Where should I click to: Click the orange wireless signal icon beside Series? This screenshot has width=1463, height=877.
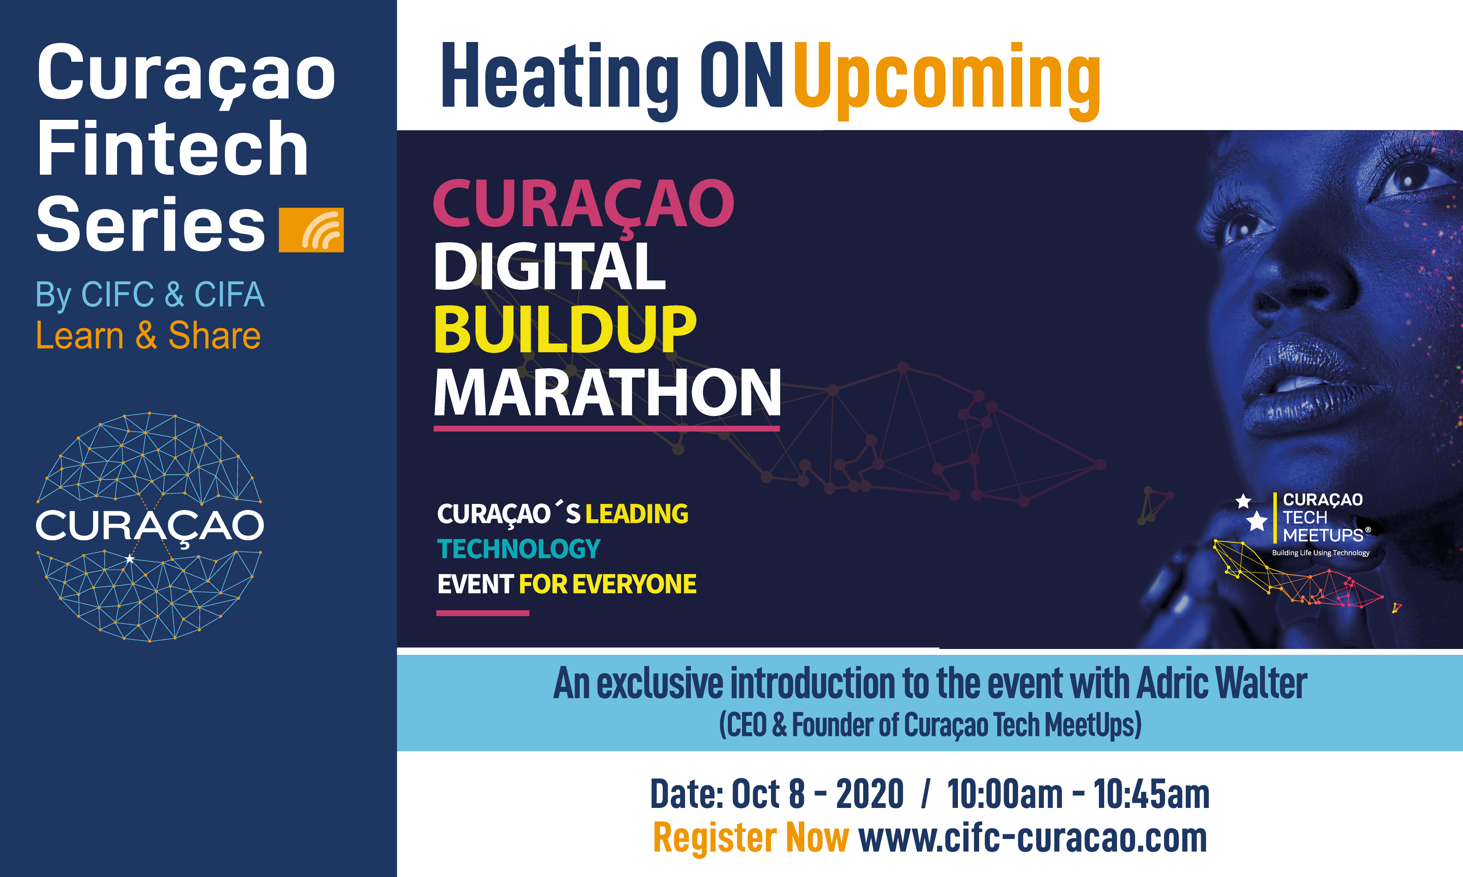[x=311, y=230]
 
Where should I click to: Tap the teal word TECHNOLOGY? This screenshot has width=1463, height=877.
[x=519, y=549]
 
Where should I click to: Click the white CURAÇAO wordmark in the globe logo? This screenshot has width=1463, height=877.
[x=150, y=525]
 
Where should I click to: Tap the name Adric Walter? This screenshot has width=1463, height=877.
[x=1222, y=684]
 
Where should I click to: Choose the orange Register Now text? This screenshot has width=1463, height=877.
[x=751, y=838]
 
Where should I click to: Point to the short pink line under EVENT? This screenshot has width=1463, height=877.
[x=482, y=614]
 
